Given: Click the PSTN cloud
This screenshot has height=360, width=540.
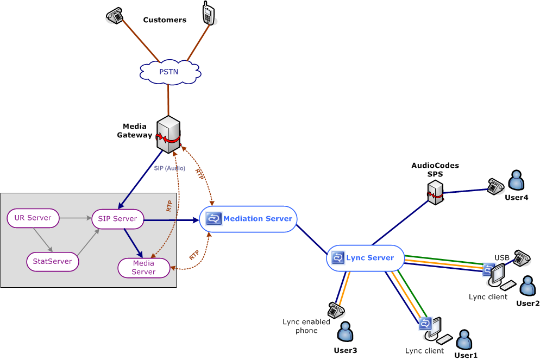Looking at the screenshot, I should [168, 71].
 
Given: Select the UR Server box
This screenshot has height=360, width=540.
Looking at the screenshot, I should [33, 218].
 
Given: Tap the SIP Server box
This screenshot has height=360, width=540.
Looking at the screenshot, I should [118, 219].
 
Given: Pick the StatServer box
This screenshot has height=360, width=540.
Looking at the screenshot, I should [52, 262].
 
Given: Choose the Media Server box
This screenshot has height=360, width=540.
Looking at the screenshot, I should [144, 268].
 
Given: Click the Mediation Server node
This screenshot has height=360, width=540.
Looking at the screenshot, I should [249, 219].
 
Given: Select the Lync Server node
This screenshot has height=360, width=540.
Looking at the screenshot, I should [365, 258].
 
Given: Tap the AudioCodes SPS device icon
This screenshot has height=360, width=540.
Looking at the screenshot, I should [435, 192].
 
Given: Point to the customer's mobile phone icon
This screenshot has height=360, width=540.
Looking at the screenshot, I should [208, 13].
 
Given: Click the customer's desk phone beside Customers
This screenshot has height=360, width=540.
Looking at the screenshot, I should [115, 16].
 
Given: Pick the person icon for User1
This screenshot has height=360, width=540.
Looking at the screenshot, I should [464, 340].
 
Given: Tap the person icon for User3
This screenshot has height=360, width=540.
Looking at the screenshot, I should [345, 332].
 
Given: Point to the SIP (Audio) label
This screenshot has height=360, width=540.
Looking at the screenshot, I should [169, 169].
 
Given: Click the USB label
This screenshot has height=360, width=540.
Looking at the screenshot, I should [501, 257].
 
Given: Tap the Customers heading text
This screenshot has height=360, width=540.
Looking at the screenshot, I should [165, 20].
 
